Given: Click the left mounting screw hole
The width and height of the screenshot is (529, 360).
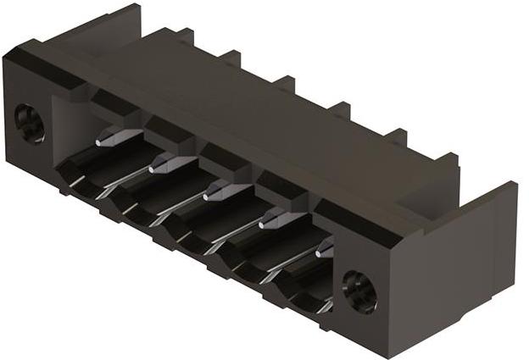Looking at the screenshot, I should click(x=31, y=124).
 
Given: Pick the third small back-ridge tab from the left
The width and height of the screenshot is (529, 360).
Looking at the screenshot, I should click(x=284, y=83).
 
